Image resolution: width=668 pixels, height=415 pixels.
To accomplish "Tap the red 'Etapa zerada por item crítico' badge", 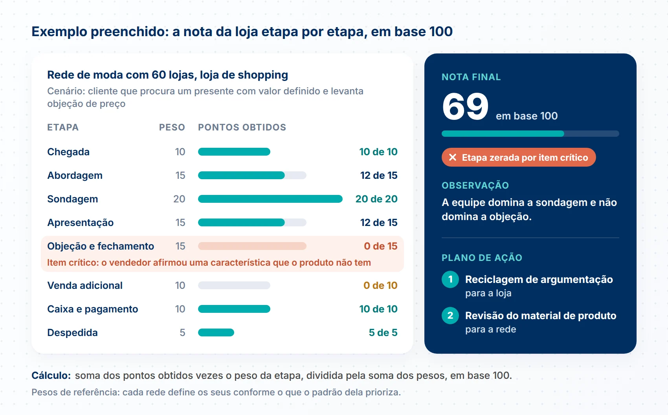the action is coord(519,157).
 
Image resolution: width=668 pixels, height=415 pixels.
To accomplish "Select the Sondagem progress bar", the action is coord(270,199).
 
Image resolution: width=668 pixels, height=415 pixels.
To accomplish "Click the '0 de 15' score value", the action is coord(380,246).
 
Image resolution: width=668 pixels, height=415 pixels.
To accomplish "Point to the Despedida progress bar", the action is coord(216,332).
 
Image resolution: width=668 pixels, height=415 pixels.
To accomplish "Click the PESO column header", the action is coord(172,127).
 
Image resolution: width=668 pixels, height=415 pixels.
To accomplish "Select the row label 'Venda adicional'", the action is coord(85,286).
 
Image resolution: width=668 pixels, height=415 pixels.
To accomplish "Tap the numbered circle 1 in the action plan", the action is coord(450,279).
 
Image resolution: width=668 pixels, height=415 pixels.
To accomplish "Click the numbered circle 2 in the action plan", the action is coord(450,316).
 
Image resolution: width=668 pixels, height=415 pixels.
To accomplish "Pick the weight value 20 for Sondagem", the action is coord(179,199).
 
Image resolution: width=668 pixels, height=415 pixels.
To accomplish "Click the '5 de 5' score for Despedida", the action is coord(383,332).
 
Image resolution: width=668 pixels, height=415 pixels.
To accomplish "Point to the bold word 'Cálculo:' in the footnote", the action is coord(51,375).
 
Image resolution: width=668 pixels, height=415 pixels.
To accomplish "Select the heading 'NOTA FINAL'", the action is coord(471,77).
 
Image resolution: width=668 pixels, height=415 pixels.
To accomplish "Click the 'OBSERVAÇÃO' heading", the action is coord(475,185).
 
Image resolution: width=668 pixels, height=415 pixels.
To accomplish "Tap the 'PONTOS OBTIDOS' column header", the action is coord(242,127).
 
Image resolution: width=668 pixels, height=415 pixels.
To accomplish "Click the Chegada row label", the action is coord(68,152).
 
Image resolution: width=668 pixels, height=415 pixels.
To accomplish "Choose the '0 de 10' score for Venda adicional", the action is coord(380,286).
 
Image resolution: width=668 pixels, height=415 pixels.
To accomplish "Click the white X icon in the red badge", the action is coord(452,157).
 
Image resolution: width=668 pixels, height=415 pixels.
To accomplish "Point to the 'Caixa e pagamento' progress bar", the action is coord(234,309).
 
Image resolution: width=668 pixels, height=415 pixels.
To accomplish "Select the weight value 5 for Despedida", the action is coord(182,332).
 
